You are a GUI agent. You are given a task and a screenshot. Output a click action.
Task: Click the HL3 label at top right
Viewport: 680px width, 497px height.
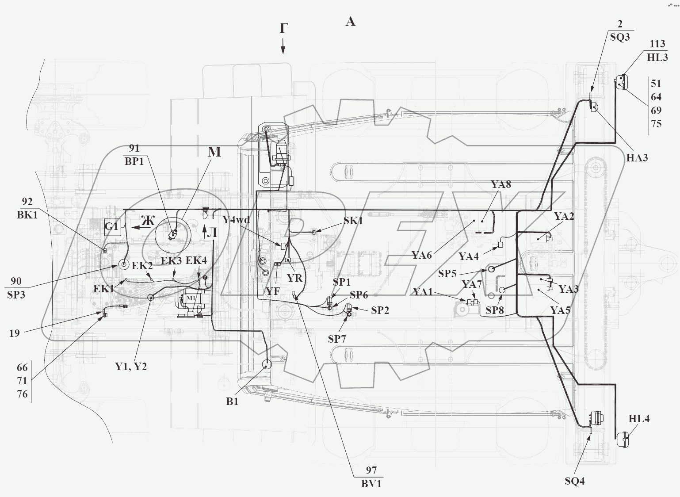pos(657,57)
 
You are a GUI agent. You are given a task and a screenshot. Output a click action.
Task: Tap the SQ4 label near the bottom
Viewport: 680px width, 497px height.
pos(574,481)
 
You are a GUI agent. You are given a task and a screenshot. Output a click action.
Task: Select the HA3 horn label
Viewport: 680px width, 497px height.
pos(637,158)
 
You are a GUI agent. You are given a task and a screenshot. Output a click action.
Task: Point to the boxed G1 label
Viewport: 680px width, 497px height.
pos(112,227)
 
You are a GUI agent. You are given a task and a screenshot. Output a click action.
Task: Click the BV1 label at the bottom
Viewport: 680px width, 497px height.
pos(371,484)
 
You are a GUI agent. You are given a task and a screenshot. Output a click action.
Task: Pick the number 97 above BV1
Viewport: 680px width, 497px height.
pos(371,470)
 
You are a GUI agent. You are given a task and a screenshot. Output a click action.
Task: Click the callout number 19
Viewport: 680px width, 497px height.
pos(15,333)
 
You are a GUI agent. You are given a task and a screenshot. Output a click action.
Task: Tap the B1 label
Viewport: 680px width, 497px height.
pos(232,401)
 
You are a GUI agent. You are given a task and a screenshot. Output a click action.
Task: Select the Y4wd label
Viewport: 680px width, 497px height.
pos(236,220)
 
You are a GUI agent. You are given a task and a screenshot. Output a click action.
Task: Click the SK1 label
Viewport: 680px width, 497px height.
pos(353,221)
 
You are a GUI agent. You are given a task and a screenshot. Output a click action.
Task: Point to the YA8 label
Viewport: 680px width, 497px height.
pos(500,185)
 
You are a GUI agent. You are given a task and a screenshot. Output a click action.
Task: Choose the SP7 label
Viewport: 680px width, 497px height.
pos(336,339)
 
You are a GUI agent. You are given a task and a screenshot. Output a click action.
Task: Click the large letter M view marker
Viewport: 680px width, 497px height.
pos(214,153)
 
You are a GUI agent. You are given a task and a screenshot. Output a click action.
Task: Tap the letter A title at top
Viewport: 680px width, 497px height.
pos(350,22)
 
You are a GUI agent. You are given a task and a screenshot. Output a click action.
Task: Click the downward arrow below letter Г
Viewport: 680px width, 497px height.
pos(283,46)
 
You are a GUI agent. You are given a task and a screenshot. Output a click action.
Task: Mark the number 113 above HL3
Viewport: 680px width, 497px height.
pos(657,44)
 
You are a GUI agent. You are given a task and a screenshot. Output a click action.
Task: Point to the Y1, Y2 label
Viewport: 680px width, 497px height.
pos(130,367)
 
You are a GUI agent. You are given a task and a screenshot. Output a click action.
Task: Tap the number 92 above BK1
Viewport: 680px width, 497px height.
pos(27,202)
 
